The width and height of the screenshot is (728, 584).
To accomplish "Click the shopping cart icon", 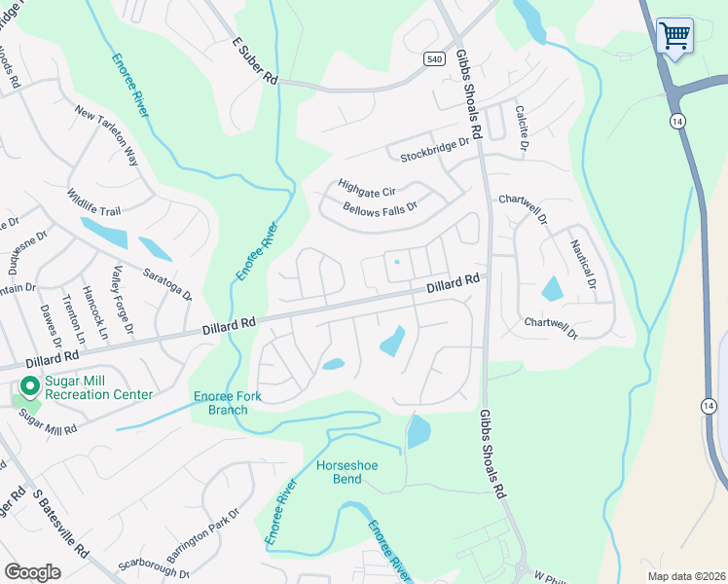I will (674, 36).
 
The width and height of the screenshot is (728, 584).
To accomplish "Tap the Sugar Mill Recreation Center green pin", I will (29, 387).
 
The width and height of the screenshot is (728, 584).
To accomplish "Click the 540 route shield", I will (435, 59).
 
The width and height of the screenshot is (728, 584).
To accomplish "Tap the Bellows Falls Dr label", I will (380, 208).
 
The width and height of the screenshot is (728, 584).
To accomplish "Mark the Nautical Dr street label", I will (582, 265).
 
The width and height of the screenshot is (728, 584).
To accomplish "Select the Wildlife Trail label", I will (93, 202).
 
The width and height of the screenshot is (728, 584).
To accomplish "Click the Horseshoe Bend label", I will (346, 472).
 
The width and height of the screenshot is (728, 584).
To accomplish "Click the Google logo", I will (32, 571).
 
